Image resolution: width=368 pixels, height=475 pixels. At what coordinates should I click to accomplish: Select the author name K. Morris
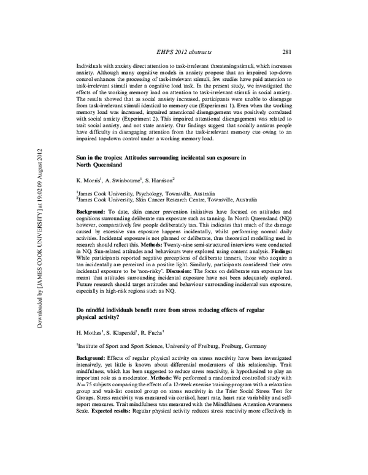(x=88, y=181)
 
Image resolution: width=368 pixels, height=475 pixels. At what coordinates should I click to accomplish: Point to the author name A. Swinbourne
(x=125, y=181)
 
